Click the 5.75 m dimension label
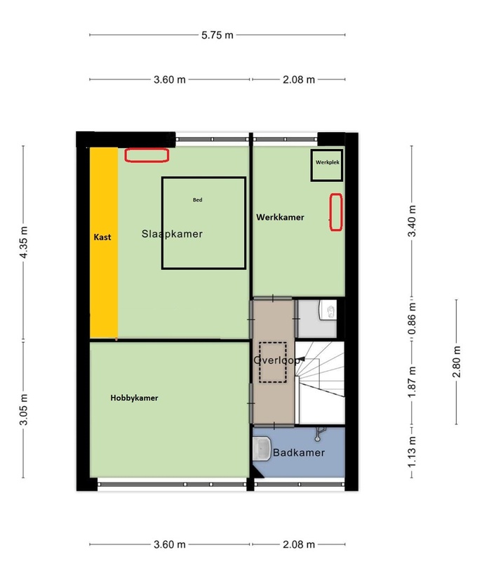tap(217, 35)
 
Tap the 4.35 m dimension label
tap(24, 242)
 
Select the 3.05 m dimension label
tap(24, 410)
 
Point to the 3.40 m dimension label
tap(412, 221)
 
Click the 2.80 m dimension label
tap(457, 362)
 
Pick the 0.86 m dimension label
tap(412, 319)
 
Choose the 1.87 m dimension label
tap(412, 381)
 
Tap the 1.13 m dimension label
tap(412, 452)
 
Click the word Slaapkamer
tap(172, 234)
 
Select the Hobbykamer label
tap(134, 398)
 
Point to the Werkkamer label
tap(280, 217)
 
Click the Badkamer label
tap(299, 452)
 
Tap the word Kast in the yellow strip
tap(102, 237)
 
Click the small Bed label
tap(198, 200)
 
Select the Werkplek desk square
tap(327, 165)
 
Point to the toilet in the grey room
tap(328, 310)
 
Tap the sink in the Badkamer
tap(262, 449)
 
